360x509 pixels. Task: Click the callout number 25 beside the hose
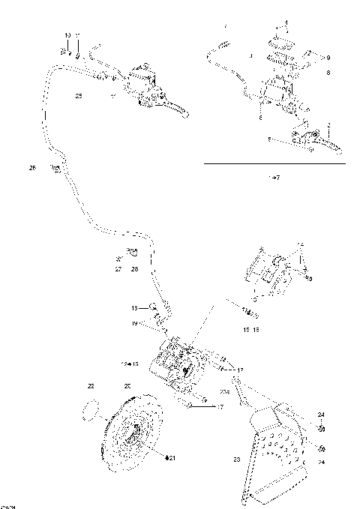(79, 96)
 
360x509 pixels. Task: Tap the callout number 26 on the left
(32, 168)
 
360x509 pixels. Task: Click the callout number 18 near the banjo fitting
(135, 307)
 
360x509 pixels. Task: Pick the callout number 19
(135, 323)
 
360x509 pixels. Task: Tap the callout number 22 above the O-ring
(91, 386)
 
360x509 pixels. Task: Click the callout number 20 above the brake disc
(127, 385)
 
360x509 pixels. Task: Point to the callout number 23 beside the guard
(236, 460)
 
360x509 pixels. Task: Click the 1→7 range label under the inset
(274, 177)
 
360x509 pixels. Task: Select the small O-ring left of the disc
(90, 411)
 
